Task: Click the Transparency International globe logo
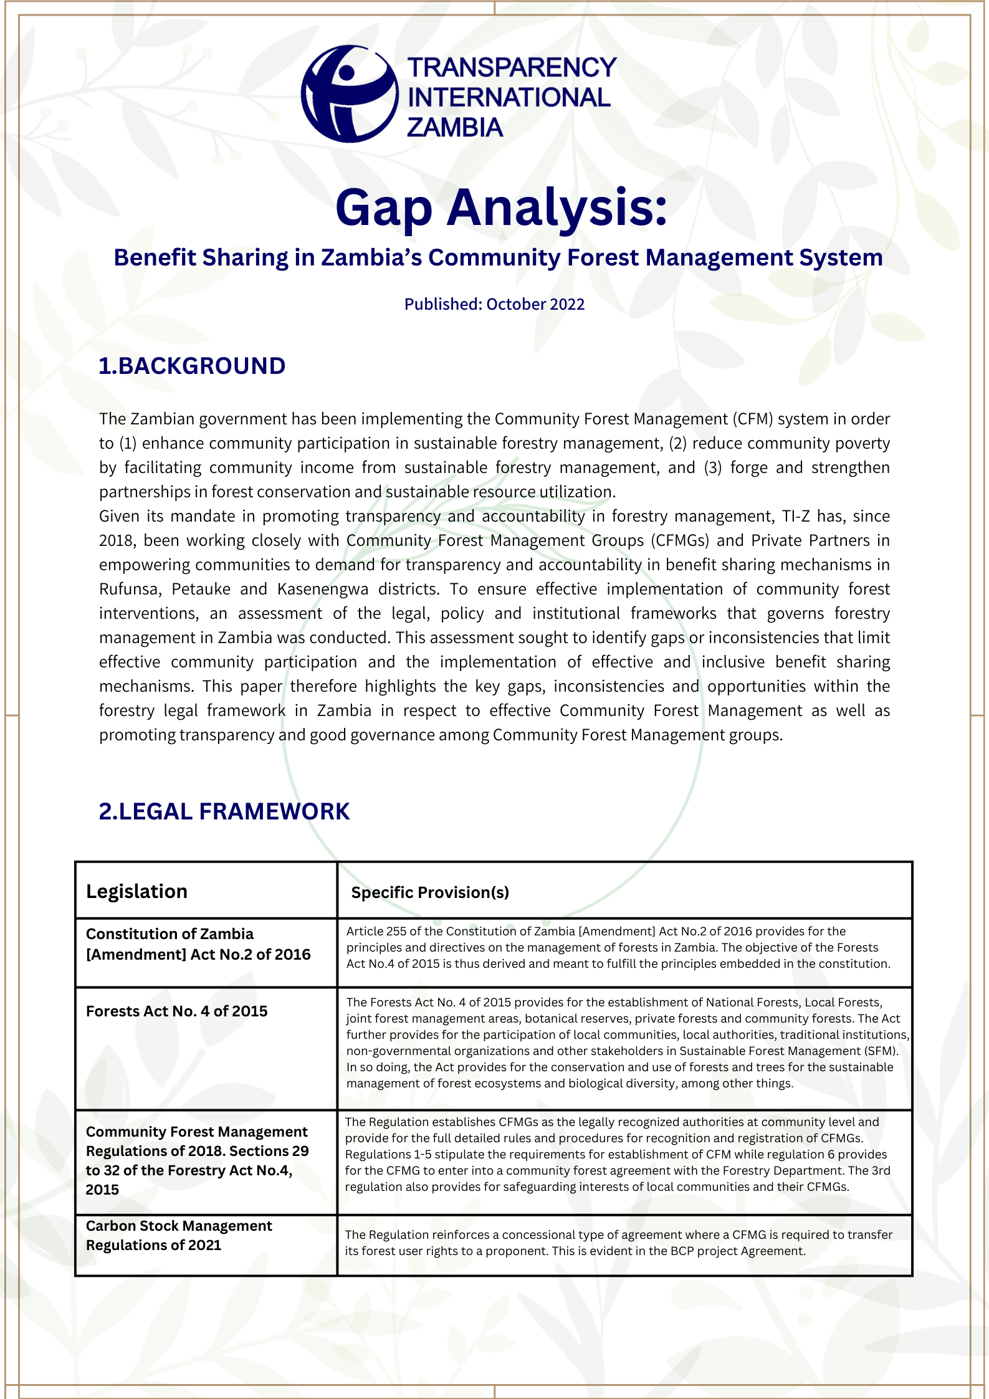(349, 94)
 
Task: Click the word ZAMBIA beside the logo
(454, 128)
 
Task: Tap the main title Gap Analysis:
(501, 208)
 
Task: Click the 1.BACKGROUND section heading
(192, 366)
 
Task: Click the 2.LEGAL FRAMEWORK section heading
(224, 811)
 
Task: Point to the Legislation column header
(136, 891)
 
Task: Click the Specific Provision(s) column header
(430, 892)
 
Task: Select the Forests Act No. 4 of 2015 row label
(176, 1011)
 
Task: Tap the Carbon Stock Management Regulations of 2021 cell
(179, 1235)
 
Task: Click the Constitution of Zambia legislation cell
(198, 943)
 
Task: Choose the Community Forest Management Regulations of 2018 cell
(197, 1160)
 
